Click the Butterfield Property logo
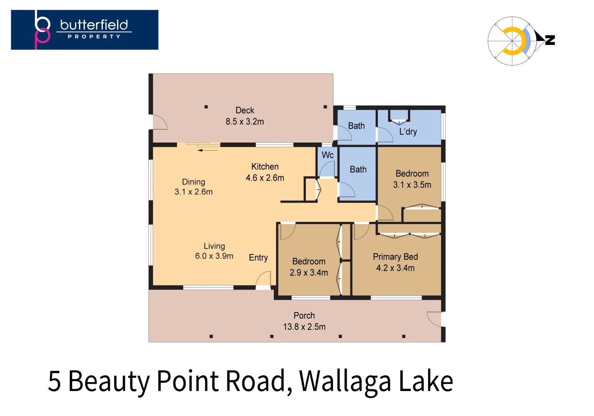coord(84,30)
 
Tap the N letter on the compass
coord(550,40)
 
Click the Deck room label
coord(245,111)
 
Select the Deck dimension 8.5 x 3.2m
coord(245,122)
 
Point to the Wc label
coord(327,155)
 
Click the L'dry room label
coord(408,132)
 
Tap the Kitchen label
coord(265,166)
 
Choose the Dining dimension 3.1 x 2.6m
coord(193,192)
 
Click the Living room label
coord(214,246)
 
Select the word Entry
coord(258,258)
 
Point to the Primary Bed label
coord(395,257)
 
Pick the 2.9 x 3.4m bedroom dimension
coord(309,273)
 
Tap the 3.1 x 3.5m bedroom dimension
coord(412,185)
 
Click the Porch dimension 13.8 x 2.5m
coord(304,327)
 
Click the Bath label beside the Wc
coord(358,169)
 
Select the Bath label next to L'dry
coord(356,126)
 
